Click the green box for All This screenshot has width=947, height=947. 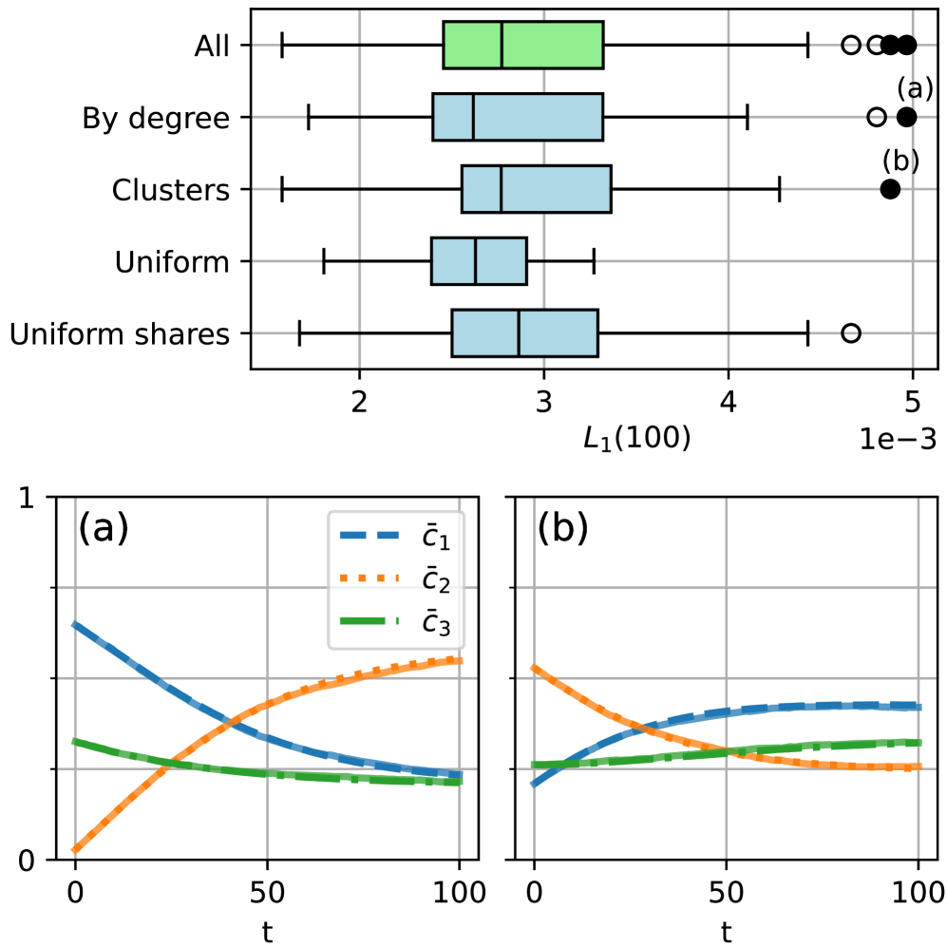[523, 45]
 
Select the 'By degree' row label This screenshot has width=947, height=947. [157, 118]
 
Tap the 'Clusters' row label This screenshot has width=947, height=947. [171, 189]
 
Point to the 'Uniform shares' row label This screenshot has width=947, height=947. [119, 333]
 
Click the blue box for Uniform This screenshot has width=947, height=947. [479, 261]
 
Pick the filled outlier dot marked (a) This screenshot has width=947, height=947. [907, 117]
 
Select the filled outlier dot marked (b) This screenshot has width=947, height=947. [890, 188]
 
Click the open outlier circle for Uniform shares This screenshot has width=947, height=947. [851, 332]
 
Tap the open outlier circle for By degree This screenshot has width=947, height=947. [877, 117]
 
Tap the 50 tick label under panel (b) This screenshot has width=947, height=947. [727, 894]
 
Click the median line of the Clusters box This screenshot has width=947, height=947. [501, 189]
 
